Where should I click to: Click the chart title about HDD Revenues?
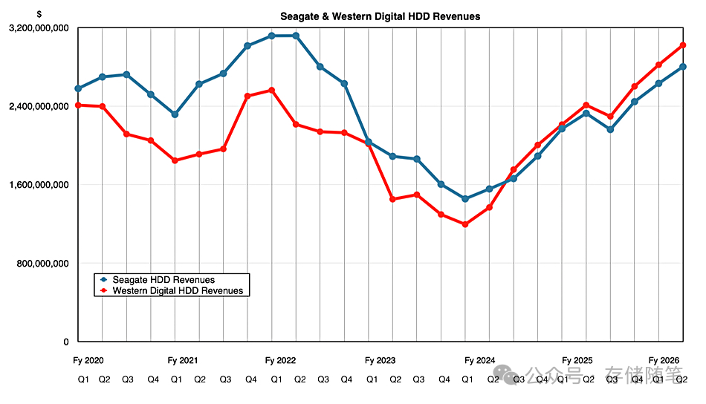(x=380, y=16)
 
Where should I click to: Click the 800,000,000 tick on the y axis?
(x=43, y=264)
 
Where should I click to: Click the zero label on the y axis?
(x=65, y=342)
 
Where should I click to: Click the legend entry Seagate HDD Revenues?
(x=163, y=280)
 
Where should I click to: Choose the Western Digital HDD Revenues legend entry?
(x=178, y=291)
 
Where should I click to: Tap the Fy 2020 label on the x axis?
(x=88, y=361)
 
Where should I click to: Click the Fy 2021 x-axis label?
(x=183, y=361)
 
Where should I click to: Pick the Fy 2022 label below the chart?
(x=280, y=361)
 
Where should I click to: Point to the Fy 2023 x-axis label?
(x=380, y=361)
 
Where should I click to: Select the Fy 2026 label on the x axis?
(x=664, y=361)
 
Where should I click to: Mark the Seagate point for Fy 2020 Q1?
(x=78, y=88)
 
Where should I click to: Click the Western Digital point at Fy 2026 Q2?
(x=682, y=45)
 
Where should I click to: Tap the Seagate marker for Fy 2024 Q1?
(x=465, y=199)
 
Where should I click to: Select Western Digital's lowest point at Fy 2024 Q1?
(x=465, y=224)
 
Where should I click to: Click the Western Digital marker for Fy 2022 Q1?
(x=272, y=91)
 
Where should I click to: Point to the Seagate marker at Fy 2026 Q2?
(x=682, y=67)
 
